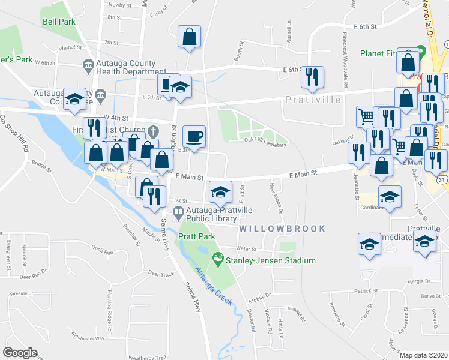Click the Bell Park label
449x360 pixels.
[59, 22]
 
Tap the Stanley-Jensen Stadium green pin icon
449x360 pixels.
[218, 260]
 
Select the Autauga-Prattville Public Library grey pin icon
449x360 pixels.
[178, 212]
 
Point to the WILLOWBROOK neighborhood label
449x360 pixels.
[282, 229]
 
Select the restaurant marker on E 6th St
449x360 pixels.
[312, 76]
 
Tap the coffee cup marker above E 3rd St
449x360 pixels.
[193, 136]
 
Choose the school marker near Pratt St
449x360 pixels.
[220, 192]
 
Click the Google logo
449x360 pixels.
[20, 353]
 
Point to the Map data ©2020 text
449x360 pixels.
[423, 355]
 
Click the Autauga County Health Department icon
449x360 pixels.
[88, 64]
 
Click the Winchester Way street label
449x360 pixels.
[88, 338]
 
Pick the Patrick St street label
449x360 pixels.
[364, 290]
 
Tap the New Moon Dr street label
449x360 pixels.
[277, 197]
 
